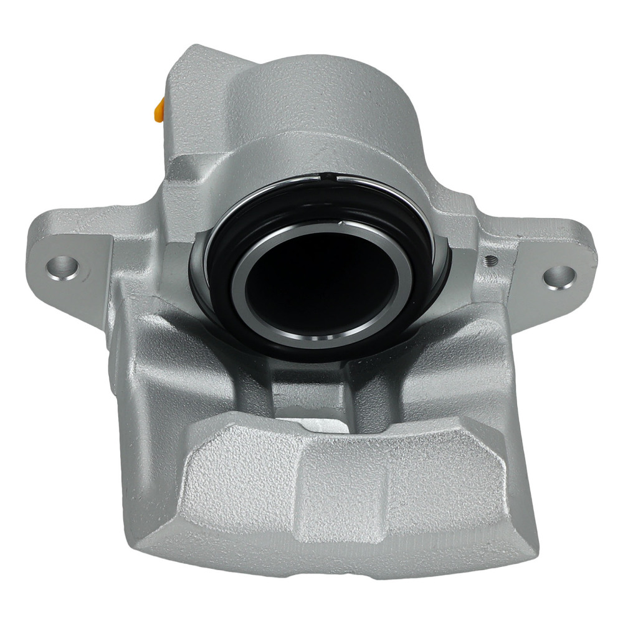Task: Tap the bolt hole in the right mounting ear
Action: click(x=558, y=274)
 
